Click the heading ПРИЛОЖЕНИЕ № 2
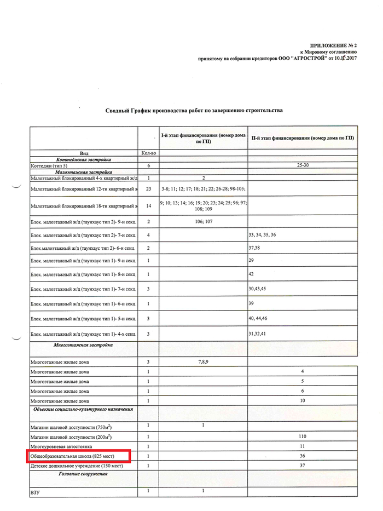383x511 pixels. pos(333,44)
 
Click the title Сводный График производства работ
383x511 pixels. pos(194,110)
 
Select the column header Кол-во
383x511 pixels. pos(148,153)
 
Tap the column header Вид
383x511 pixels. pos(84,153)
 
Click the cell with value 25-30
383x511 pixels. pos(302,165)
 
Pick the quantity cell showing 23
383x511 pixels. pos(148,189)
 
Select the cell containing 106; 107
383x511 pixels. pos(203,222)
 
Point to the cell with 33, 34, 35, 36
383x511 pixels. pos(263,234)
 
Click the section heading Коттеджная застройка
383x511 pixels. pos(84,159)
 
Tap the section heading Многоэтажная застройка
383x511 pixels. pos(84,345)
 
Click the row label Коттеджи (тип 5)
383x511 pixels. pos(50,165)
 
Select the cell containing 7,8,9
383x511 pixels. pos(203,362)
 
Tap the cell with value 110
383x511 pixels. pos(302,437)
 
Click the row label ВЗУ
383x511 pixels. pos(36,493)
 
